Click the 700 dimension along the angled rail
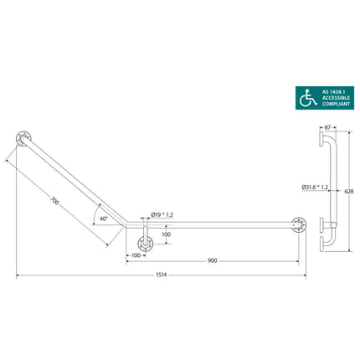(54, 201)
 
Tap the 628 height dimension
(351, 191)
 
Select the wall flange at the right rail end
(297, 224)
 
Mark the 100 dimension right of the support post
(166, 234)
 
